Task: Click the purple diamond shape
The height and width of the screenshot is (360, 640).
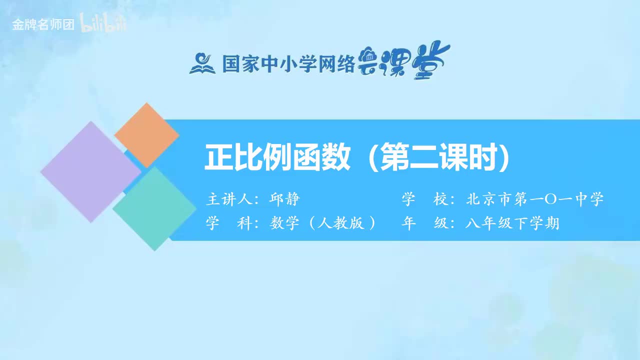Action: click(90, 171)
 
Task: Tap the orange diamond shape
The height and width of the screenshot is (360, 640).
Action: click(146, 134)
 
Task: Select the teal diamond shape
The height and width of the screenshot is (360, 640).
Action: click(154, 208)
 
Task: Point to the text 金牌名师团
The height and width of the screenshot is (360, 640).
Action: click(43, 25)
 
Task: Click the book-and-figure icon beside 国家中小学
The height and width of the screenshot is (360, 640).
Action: click(202, 64)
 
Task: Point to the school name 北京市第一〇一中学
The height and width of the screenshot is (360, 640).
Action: click(534, 199)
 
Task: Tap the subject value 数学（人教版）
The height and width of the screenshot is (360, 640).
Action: click(323, 223)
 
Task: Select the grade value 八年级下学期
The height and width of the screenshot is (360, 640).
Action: click(512, 223)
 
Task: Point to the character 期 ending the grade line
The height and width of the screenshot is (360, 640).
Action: click(552, 223)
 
